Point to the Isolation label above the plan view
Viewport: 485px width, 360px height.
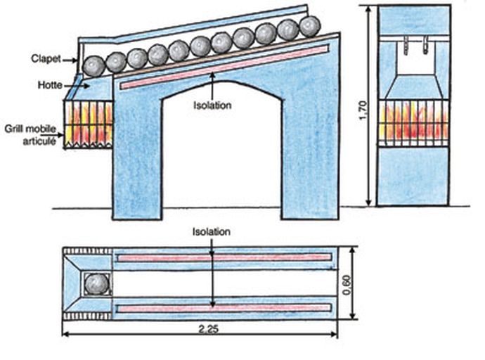(212, 231)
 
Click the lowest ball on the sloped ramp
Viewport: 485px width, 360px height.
(93, 65)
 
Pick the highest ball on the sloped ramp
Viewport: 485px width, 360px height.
(309, 27)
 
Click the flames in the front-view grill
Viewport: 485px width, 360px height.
(413, 121)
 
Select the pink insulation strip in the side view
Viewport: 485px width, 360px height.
(225, 67)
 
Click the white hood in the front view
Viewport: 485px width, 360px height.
(413, 81)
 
